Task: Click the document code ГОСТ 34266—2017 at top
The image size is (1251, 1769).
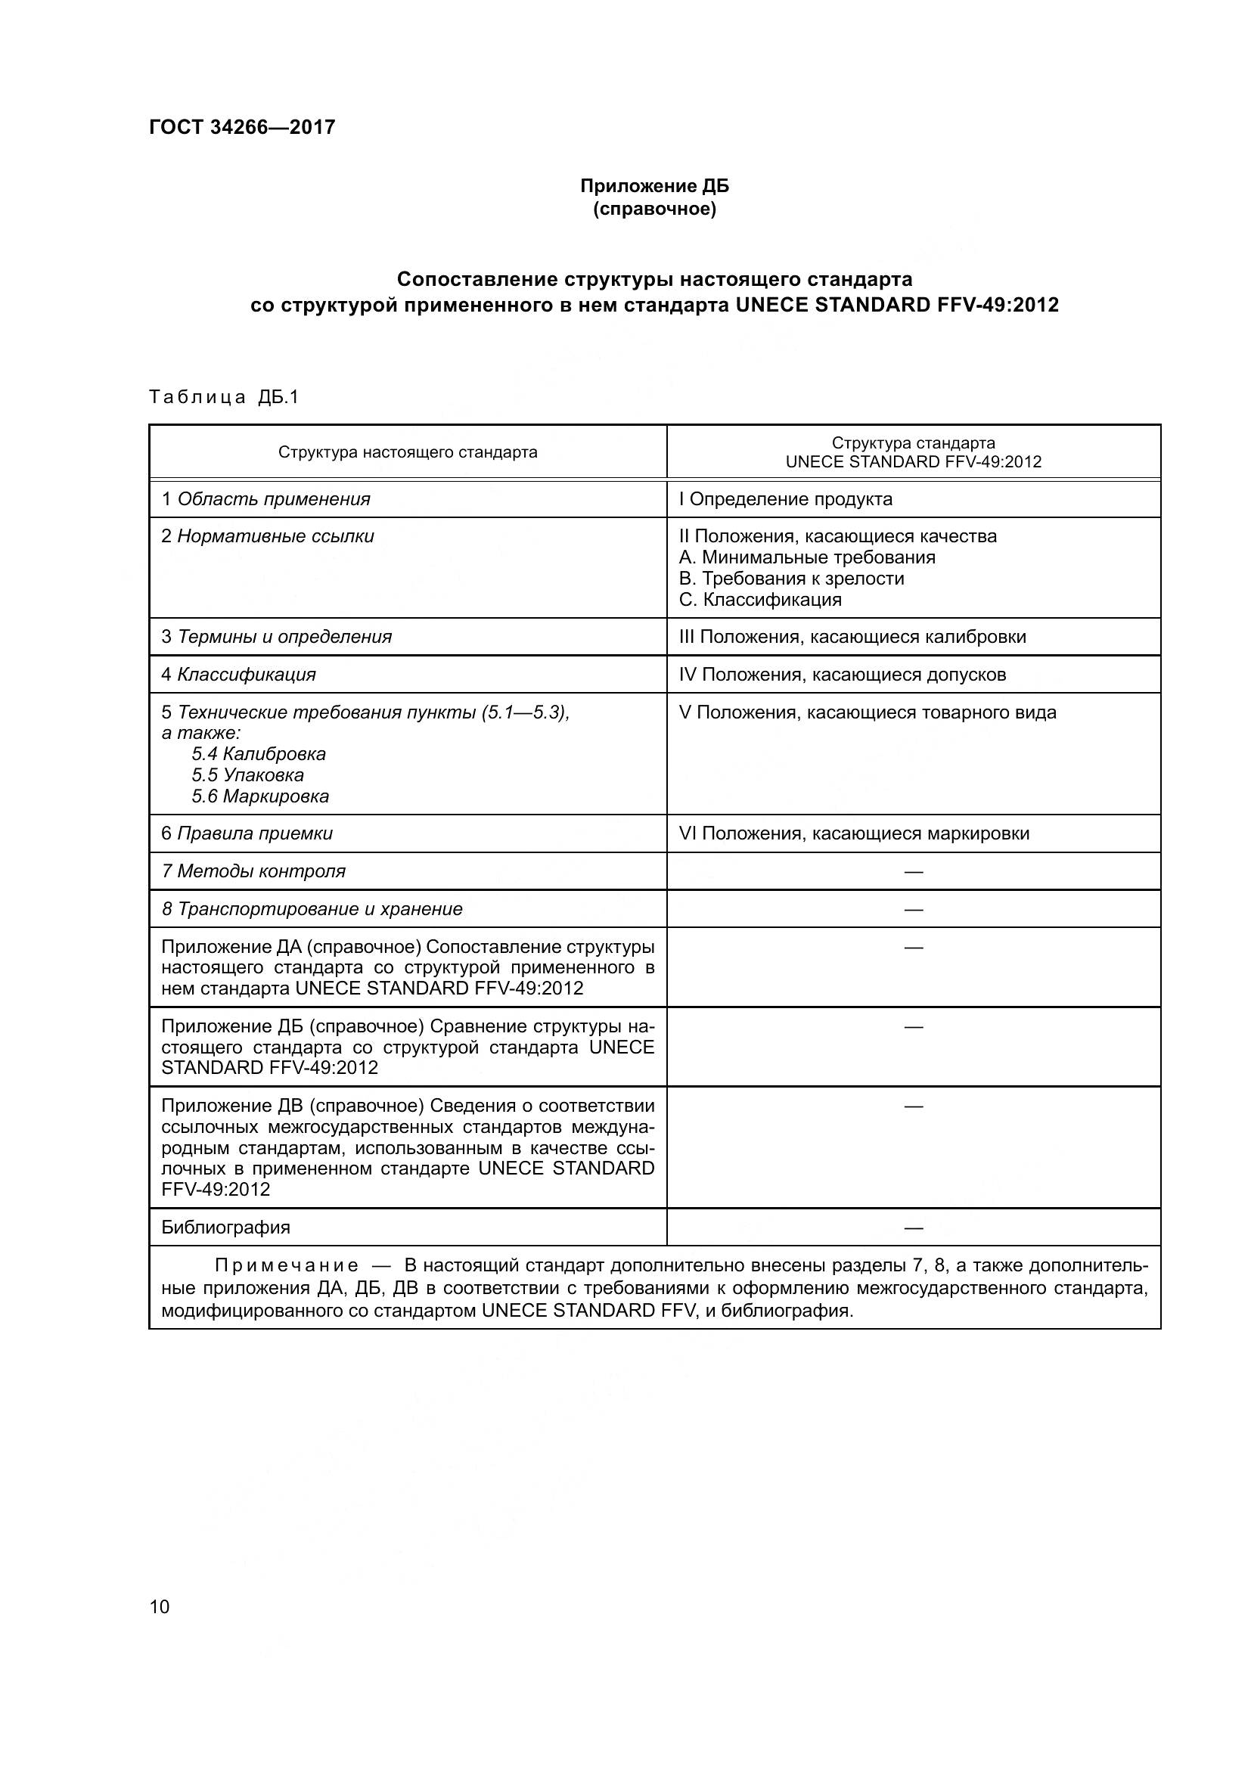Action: (x=242, y=127)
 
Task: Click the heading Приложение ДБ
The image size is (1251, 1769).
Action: (x=654, y=186)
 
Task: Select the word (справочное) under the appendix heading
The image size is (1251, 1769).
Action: (x=654, y=209)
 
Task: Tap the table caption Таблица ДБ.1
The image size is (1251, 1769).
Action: (x=223, y=397)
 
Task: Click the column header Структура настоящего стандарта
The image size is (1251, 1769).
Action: (x=408, y=452)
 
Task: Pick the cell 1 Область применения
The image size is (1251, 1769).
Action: (x=265, y=499)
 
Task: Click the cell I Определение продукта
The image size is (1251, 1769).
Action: (x=785, y=499)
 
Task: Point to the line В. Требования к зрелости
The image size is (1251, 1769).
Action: (x=791, y=578)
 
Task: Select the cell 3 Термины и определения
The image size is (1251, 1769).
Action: (x=277, y=636)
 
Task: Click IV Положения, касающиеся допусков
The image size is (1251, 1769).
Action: (x=842, y=674)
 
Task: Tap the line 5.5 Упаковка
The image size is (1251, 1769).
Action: (x=248, y=775)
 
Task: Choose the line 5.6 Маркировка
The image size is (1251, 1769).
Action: (x=260, y=796)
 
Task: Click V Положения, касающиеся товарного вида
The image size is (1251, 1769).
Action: (x=868, y=712)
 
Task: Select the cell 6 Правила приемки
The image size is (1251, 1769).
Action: (x=247, y=833)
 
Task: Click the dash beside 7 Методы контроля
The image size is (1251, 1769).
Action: (x=914, y=871)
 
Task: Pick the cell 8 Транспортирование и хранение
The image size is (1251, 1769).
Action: (x=312, y=908)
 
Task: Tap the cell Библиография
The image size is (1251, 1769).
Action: (x=225, y=1227)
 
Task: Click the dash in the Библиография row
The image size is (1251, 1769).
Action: (x=914, y=1227)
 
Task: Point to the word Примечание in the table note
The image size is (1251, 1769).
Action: (x=287, y=1266)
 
